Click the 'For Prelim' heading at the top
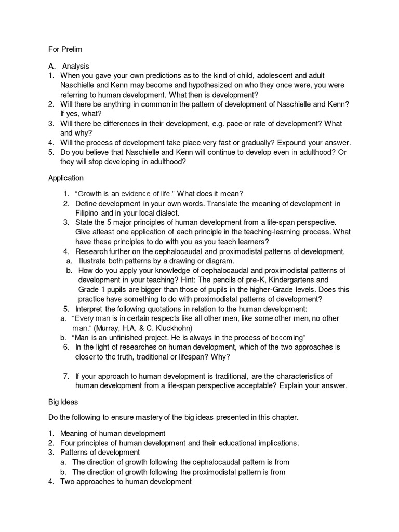[x=65, y=49]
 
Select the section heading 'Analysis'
[x=76, y=66]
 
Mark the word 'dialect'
[x=169, y=213]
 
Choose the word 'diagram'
[x=219, y=261]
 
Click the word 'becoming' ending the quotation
[x=287, y=337]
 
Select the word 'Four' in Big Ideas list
[x=69, y=443]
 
